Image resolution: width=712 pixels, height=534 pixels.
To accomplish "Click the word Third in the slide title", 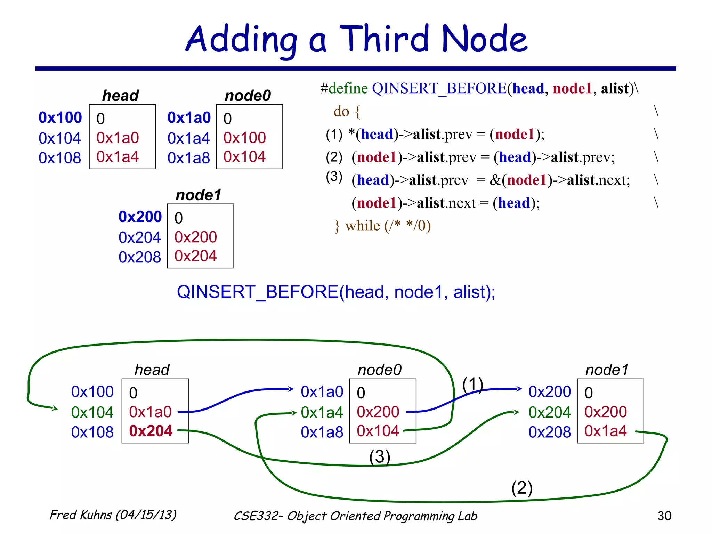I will pos(384,39).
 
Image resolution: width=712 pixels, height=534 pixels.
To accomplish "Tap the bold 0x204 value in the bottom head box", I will pos(151,431).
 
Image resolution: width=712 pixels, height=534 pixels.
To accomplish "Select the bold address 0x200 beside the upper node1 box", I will pos(140,217).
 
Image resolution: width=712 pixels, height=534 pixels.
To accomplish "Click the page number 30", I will pos(664,516).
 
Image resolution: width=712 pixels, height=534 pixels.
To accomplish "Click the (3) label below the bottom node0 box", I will pos(379,456).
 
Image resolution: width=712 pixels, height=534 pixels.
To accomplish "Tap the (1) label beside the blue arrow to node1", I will pos(472,385).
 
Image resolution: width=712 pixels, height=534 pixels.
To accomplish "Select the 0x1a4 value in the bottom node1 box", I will pos(605,431).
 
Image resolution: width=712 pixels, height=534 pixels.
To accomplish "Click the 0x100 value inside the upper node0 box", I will pos(244,138).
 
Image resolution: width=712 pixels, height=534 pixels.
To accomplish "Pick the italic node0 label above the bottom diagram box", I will pos(379,370).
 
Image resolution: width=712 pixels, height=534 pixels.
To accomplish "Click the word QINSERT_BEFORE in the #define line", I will pos(439,88).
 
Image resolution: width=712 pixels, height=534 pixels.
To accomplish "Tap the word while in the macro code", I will pos(363,226).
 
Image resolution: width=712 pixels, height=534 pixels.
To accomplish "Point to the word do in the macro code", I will pos(341,112).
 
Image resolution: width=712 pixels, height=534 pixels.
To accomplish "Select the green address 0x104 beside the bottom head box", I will pos(92,412).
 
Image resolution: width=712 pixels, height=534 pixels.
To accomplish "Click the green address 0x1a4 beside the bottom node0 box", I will pos(322,412).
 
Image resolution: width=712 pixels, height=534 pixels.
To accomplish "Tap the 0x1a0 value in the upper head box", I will pos(118,138).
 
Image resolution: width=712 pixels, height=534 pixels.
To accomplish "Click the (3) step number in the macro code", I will pos(334,177).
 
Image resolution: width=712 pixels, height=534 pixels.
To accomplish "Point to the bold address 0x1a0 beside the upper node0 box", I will pos(189,118).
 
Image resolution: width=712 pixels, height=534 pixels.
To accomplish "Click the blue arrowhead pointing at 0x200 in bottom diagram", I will pos(519,389).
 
